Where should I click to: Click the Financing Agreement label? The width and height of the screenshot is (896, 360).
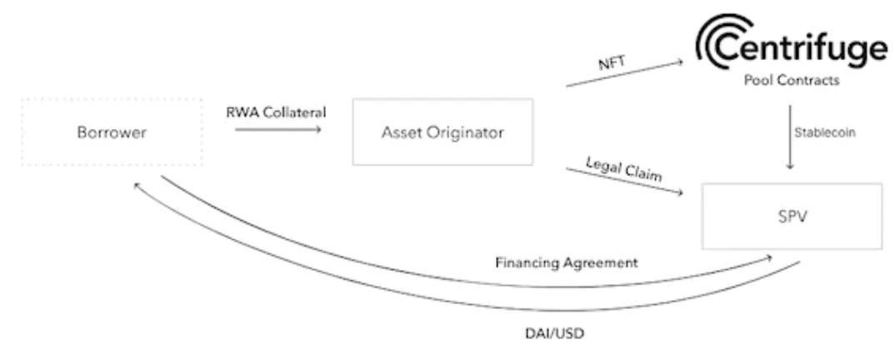click(567, 262)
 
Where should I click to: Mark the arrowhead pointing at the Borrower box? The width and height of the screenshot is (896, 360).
click(138, 186)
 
